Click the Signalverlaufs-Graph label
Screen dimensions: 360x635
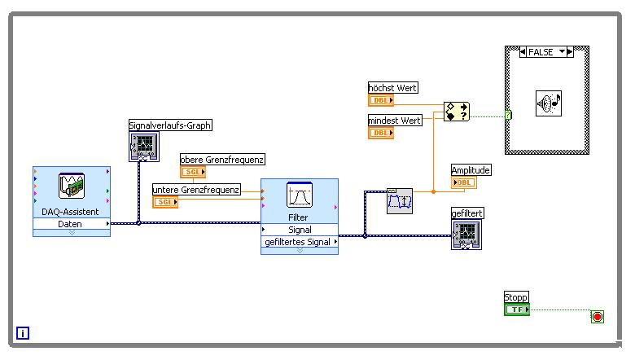pyautogui.click(x=170, y=125)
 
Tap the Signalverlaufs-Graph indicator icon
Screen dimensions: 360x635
pyautogui.click(x=143, y=147)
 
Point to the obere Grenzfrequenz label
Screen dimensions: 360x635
pyautogui.click(x=222, y=160)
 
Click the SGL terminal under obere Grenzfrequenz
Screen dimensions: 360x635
pyautogui.click(x=193, y=173)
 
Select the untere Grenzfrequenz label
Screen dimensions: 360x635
pyautogui.click(x=196, y=190)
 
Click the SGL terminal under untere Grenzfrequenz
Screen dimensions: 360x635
pyautogui.click(x=165, y=202)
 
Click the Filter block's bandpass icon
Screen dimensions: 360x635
pyautogui.click(x=300, y=195)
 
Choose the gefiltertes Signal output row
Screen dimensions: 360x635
pyautogui.click(x=299, y=241)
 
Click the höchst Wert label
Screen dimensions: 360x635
pyautogui.click(x=393, y=87)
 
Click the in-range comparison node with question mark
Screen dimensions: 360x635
pyautogui.click(x=456, y=112)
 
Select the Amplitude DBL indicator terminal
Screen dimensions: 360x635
pyautogui.click(x=464, y=182)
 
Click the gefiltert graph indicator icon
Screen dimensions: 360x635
pyautogui.click(x=466, y=235)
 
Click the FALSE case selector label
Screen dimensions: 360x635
pyautogui.click(x=541, y=52)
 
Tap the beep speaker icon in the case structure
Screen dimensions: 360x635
pyautogui.click(x=548, y=103)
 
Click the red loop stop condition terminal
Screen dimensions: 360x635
pyautogui.click(x=598, y=317)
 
